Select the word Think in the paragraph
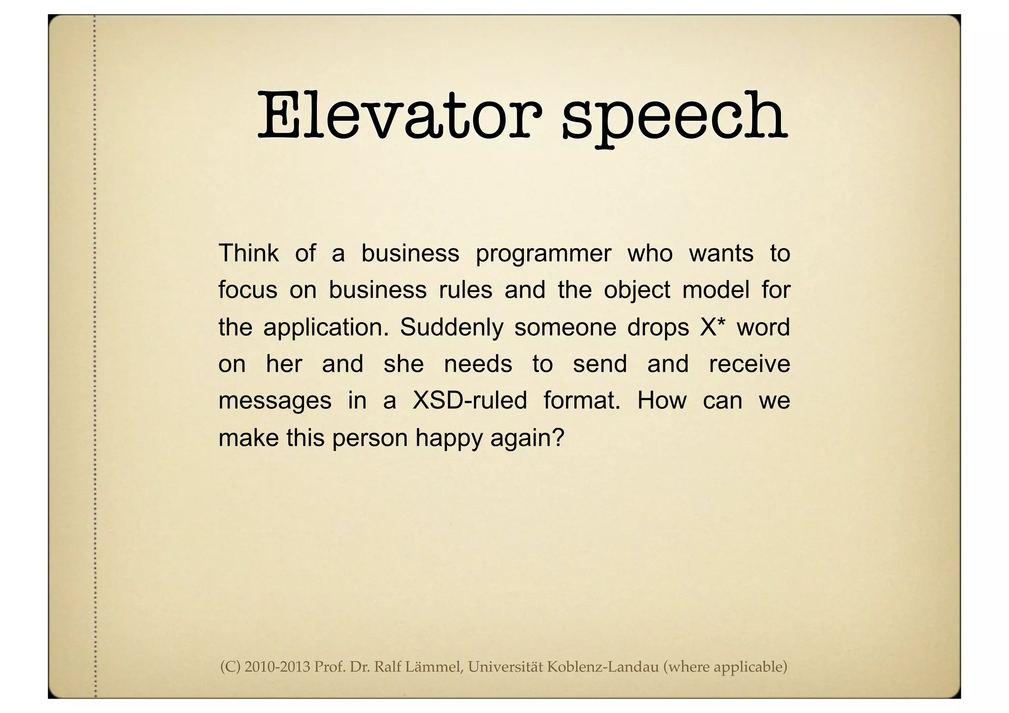click(x=248, y=253)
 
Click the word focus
click(x=248, y=290)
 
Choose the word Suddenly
click(x=451, y=327)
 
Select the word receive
click(x=749, y=364)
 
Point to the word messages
click(x=275, y=401)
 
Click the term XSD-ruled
click(x=470, y=400)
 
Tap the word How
click(x=661, y=400)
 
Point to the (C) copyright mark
click(x=230, y=667)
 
